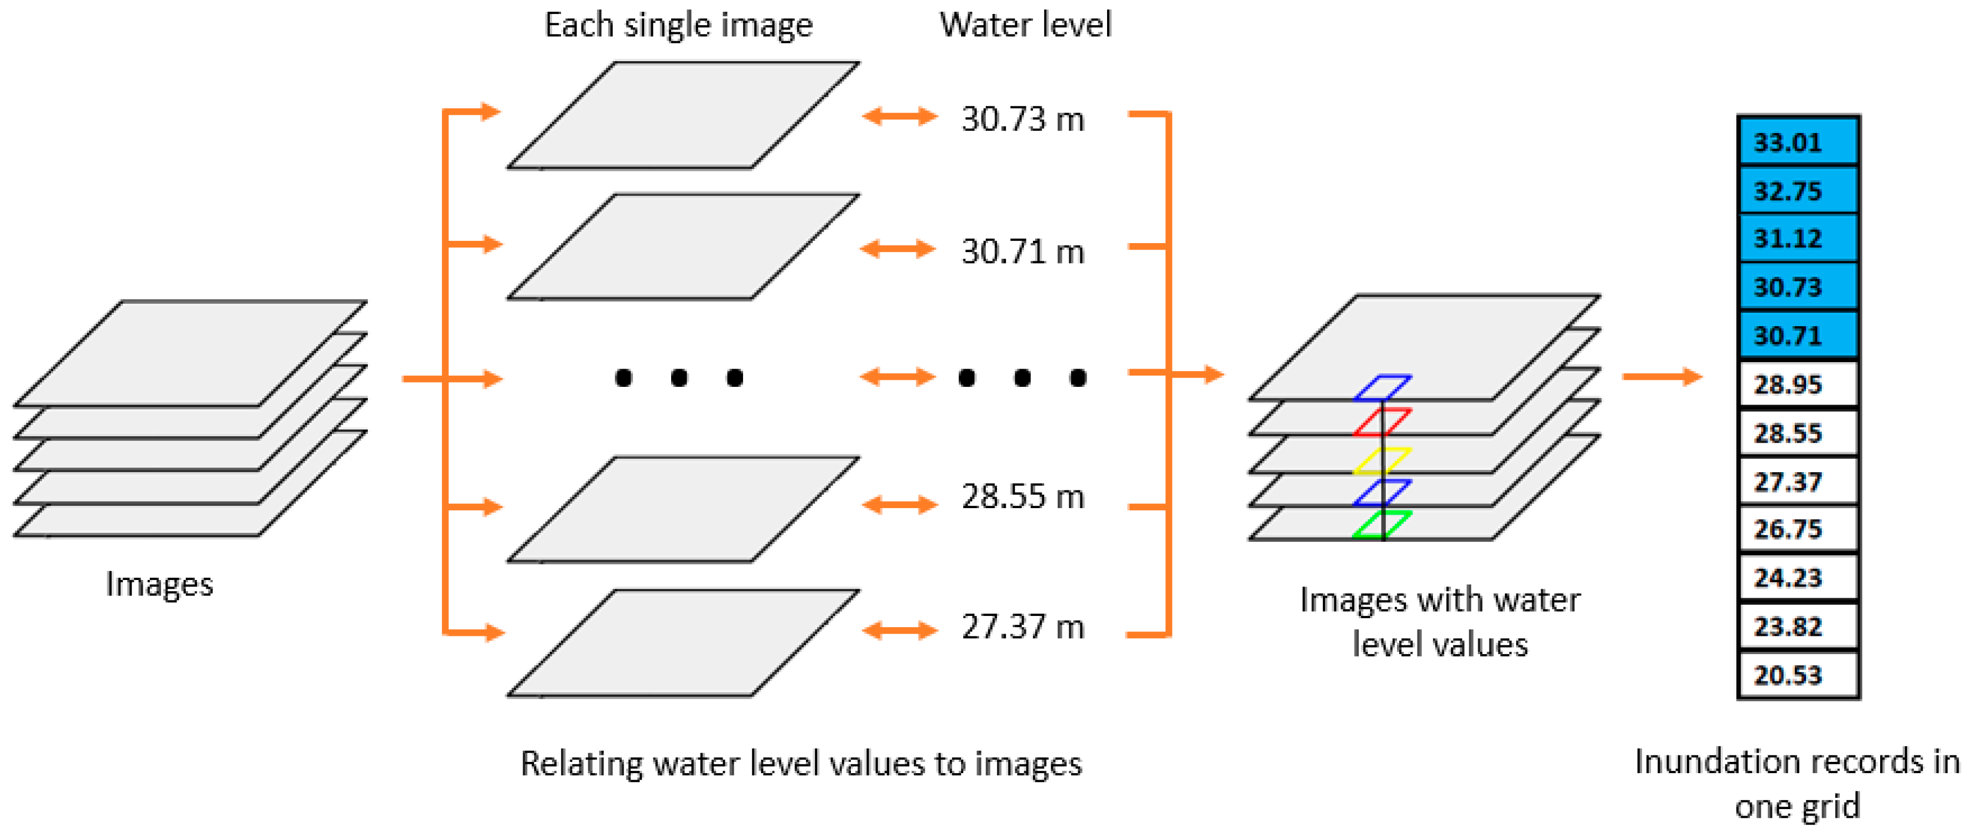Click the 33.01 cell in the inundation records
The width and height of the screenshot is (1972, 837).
(x=1798, y=142)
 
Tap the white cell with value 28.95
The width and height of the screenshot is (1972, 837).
(x=1798, y=384)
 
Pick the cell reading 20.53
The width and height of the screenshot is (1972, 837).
(x=1798, y=675)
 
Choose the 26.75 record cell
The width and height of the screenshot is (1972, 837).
(x=1798, y=528)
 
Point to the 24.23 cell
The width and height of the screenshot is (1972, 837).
(x=1798, y=578)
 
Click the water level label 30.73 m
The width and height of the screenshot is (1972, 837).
(x=1023, y=119)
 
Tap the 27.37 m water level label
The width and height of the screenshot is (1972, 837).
(x=1023, y=627)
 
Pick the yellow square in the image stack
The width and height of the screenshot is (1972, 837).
(x=1382, y=460)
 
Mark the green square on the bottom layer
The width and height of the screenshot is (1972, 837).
(x=1382, y=525)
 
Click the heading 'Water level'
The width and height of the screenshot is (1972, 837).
(x=1025, y=25)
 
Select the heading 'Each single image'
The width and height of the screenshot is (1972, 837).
(x=678, y=25)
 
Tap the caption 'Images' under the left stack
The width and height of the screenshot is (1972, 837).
(x=159, y=584)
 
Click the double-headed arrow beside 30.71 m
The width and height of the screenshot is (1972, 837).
(x=898, y=248)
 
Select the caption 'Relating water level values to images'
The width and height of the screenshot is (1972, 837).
(x=801, y=763)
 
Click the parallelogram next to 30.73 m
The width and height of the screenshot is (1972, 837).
(x=683, y=115)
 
